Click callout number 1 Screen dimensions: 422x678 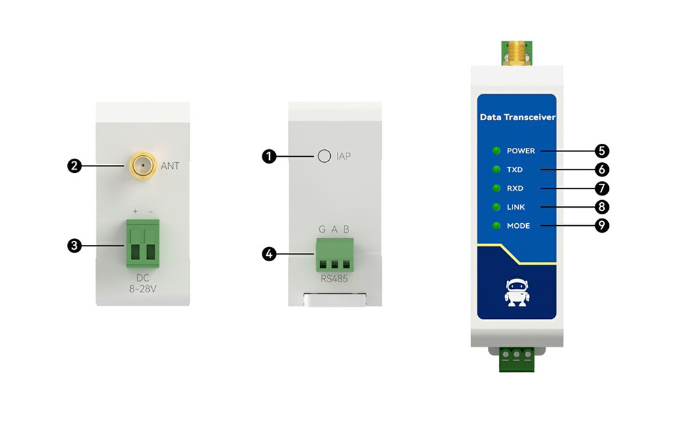click(269, 157)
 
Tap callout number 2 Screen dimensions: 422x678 click(74, 165)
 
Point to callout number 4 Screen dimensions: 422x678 click(269, 254)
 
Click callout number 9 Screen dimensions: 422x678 click(601, 226)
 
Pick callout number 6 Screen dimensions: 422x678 click(601, 170)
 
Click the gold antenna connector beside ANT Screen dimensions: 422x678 click(142, 164)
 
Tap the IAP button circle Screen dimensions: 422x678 click(324, 157)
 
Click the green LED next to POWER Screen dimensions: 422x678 click(497, 151)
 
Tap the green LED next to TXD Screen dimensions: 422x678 click(497, 170)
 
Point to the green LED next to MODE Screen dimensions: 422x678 click(497, 226)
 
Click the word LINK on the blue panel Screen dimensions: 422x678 click(518, 207)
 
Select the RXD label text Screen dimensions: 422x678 click(515, 189)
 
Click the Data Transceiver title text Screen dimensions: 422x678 click(517, 117)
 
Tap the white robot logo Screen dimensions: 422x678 click(516, 292)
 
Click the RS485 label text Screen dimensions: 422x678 click(334, 278)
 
